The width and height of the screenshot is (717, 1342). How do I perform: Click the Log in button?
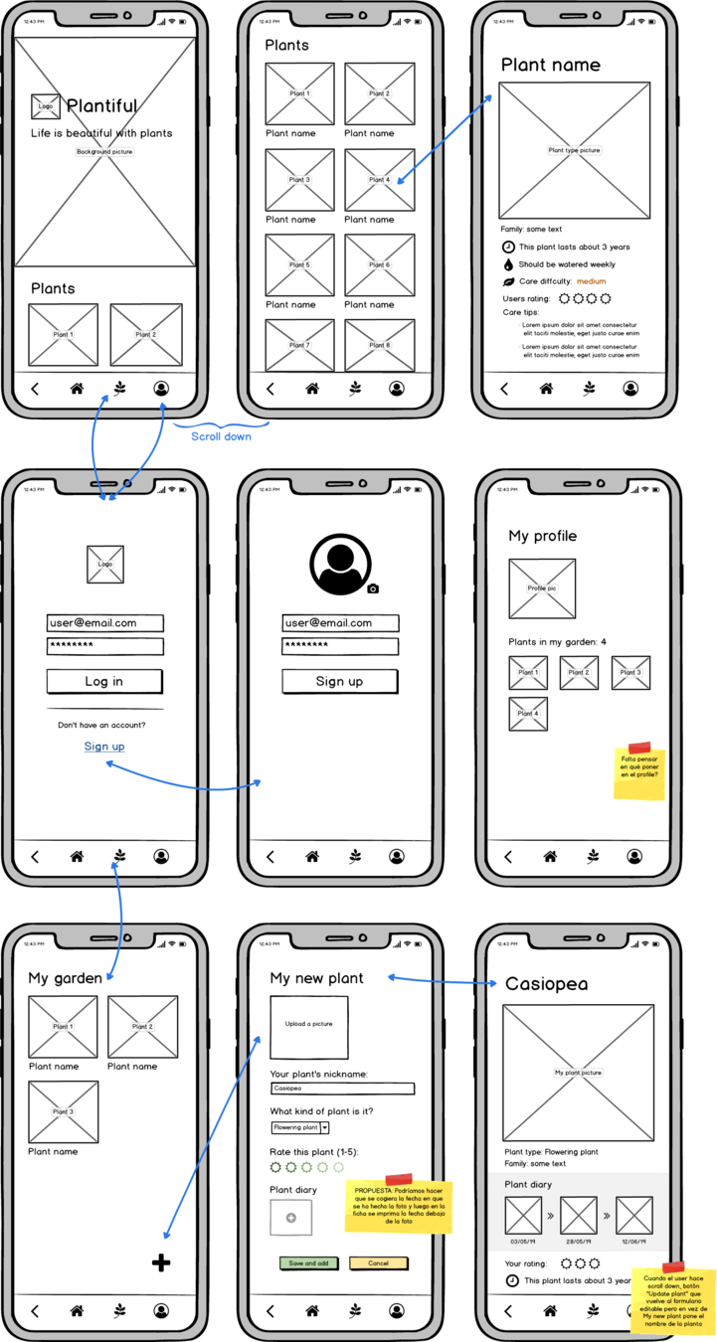pyautogui.click(x=104, y=681)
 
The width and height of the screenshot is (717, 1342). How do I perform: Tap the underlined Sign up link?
pyautogui.click(x=104, y=747)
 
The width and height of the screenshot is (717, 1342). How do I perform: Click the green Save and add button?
pyautogui.click(x=308, y=1263)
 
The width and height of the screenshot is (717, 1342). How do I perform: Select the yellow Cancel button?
pyautogui.click(x=378, y=1263)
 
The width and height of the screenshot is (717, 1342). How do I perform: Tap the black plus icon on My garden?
pyautogui.click(x=161, y=1262)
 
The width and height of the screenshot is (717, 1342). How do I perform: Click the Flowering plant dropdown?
pyautogui.click(x=300, y=1127)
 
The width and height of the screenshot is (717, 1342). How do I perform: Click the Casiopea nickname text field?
pyautogui.click(x=342, y=1089)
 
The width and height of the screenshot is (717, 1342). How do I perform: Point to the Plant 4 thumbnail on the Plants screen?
pyautogui.click(x=380, y=180)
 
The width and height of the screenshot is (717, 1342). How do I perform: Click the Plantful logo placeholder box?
pyautogui.click(x=46, y=105)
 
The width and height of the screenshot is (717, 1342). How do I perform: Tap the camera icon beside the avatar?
pyautogui.click(x=373, y=588)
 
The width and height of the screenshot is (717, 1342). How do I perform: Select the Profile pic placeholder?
pyautogui.click(x=542, y=588)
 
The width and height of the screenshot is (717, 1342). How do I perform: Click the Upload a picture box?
pyautogui.click(x=309, y=1028)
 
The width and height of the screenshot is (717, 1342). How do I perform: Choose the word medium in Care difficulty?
pyautogui.click(x=591, y=281)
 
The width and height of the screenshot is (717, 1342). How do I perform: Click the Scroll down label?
pyautogui.click(x=222, y=435)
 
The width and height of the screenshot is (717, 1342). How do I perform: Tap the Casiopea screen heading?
pyautogui.click(x=546, y=984)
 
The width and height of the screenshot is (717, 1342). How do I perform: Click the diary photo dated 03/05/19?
pyautogui.click(x=523, y=1216)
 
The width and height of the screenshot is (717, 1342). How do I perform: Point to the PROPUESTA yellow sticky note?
pyautogui.click(x=399, y=1207)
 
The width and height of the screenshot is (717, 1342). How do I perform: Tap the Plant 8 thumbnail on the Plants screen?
pyautogui.click(x=380, y=346)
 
